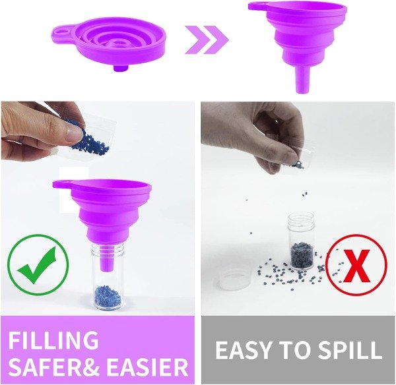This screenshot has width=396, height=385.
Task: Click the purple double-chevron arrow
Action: [x=207, y=40]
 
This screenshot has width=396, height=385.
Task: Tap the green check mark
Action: [x=38, y=265]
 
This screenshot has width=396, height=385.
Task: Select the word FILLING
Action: [x=53, y=340]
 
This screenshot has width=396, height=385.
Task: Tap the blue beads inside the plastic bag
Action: [x=89, y=138]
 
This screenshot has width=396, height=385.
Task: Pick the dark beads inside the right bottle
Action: [x=302, y=254]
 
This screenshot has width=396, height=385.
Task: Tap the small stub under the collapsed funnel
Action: [x=118, y=68]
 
